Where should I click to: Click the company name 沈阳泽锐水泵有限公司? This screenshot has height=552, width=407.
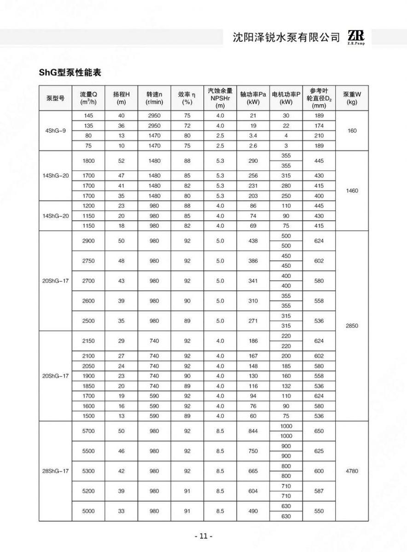coord(286,38)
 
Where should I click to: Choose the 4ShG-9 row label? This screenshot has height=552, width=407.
coord(56,131)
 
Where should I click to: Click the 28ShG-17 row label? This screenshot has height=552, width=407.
coord(55,471)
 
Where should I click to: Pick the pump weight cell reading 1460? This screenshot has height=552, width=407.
coord(352,190)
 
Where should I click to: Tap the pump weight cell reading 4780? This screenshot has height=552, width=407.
coord(352,471)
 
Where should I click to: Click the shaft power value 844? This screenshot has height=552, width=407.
coord(253,431)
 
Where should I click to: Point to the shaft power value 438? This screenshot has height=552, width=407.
coord(253,241)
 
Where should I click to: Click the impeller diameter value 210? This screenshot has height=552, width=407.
coord(319,136)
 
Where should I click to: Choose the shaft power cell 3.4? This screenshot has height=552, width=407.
coord(253,136)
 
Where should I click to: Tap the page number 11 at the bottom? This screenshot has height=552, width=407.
coord(203,536)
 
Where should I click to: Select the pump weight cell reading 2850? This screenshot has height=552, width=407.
coord(352,326)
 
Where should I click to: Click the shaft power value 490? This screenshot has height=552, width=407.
coord(253,511)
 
